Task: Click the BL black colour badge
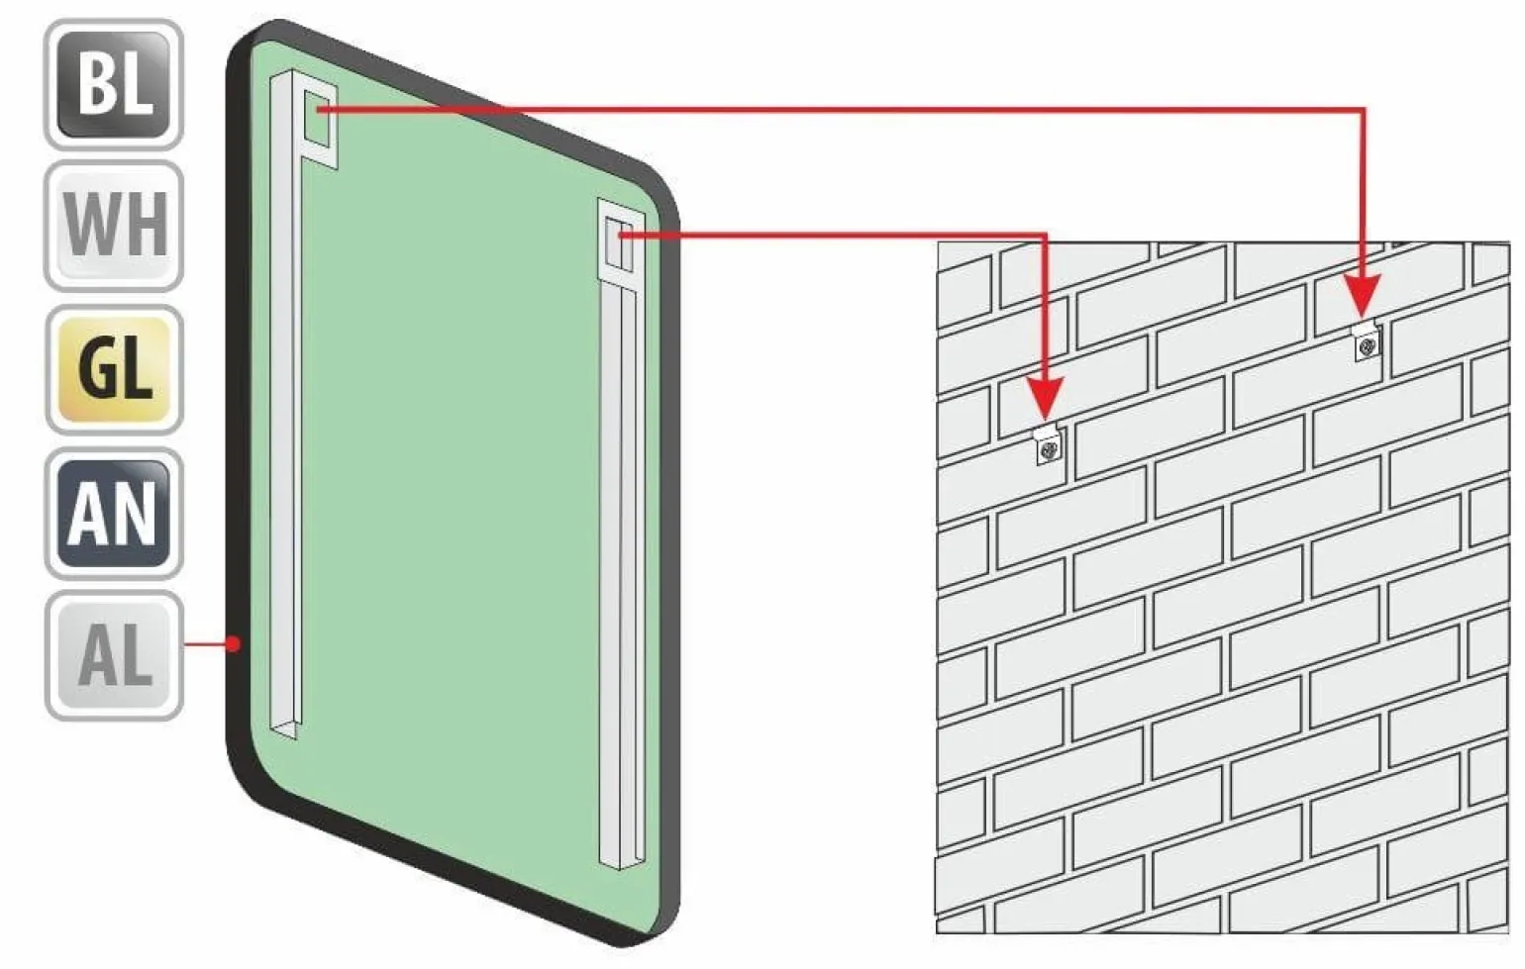click(114, 84)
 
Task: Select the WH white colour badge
click(114, 226)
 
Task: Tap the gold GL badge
click(114, 369)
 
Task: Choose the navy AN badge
click(114, 513)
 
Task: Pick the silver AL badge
click(114, 656)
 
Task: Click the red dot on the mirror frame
click(234, 643)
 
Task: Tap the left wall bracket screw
click(1050, 449)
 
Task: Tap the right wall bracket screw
click(1367, 347)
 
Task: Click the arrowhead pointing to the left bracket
click(1045, 400)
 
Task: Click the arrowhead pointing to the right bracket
click(1363, 296)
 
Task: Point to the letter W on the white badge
click(93, 225)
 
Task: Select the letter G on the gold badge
click(97, 369)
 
